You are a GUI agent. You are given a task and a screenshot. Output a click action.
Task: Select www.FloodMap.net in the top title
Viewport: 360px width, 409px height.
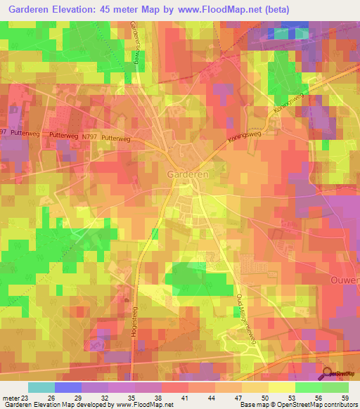245,9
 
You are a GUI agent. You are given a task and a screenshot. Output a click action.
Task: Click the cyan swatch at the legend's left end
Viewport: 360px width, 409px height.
41,387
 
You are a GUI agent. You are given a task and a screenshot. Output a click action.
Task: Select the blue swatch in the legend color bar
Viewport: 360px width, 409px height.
67,387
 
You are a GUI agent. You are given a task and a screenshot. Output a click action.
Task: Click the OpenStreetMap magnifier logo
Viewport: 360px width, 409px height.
329,374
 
